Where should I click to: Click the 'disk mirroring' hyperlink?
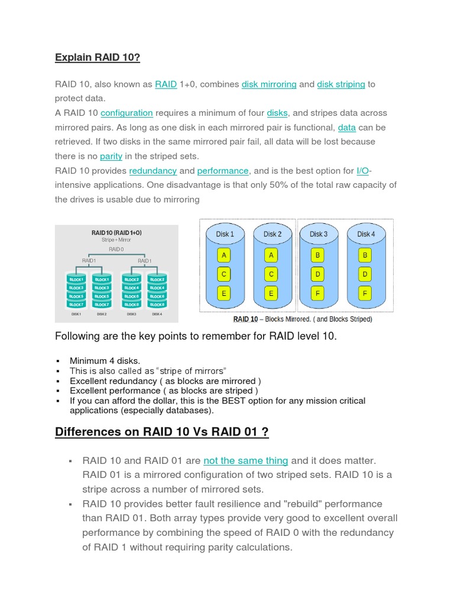click(x=269, y=84)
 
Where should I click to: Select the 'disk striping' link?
click(x=341, y=84)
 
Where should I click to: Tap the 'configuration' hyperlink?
click(x=127, y=113)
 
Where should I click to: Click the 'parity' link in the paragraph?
click(x=111, y=157)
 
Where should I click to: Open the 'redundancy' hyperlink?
click(x=153, y=171)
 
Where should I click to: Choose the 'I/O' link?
click(x=363, y=171)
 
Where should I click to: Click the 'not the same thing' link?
click(x=245, y=461)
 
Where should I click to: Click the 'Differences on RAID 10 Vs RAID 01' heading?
click(x=161, y=432)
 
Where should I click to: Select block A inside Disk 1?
click(x=223, y=255)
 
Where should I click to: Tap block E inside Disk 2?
click(x=271, y=292)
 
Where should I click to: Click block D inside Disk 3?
click(x=317, y=274)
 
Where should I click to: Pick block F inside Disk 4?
click(x=365, y=292)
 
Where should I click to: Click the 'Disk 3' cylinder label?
click(x=318, y=234)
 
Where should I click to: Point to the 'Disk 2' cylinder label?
click(x=272, y=234)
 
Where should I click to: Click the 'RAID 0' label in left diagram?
click(x=116, y=249)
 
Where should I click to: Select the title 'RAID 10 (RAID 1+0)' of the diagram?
click(x=116, y=233)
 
